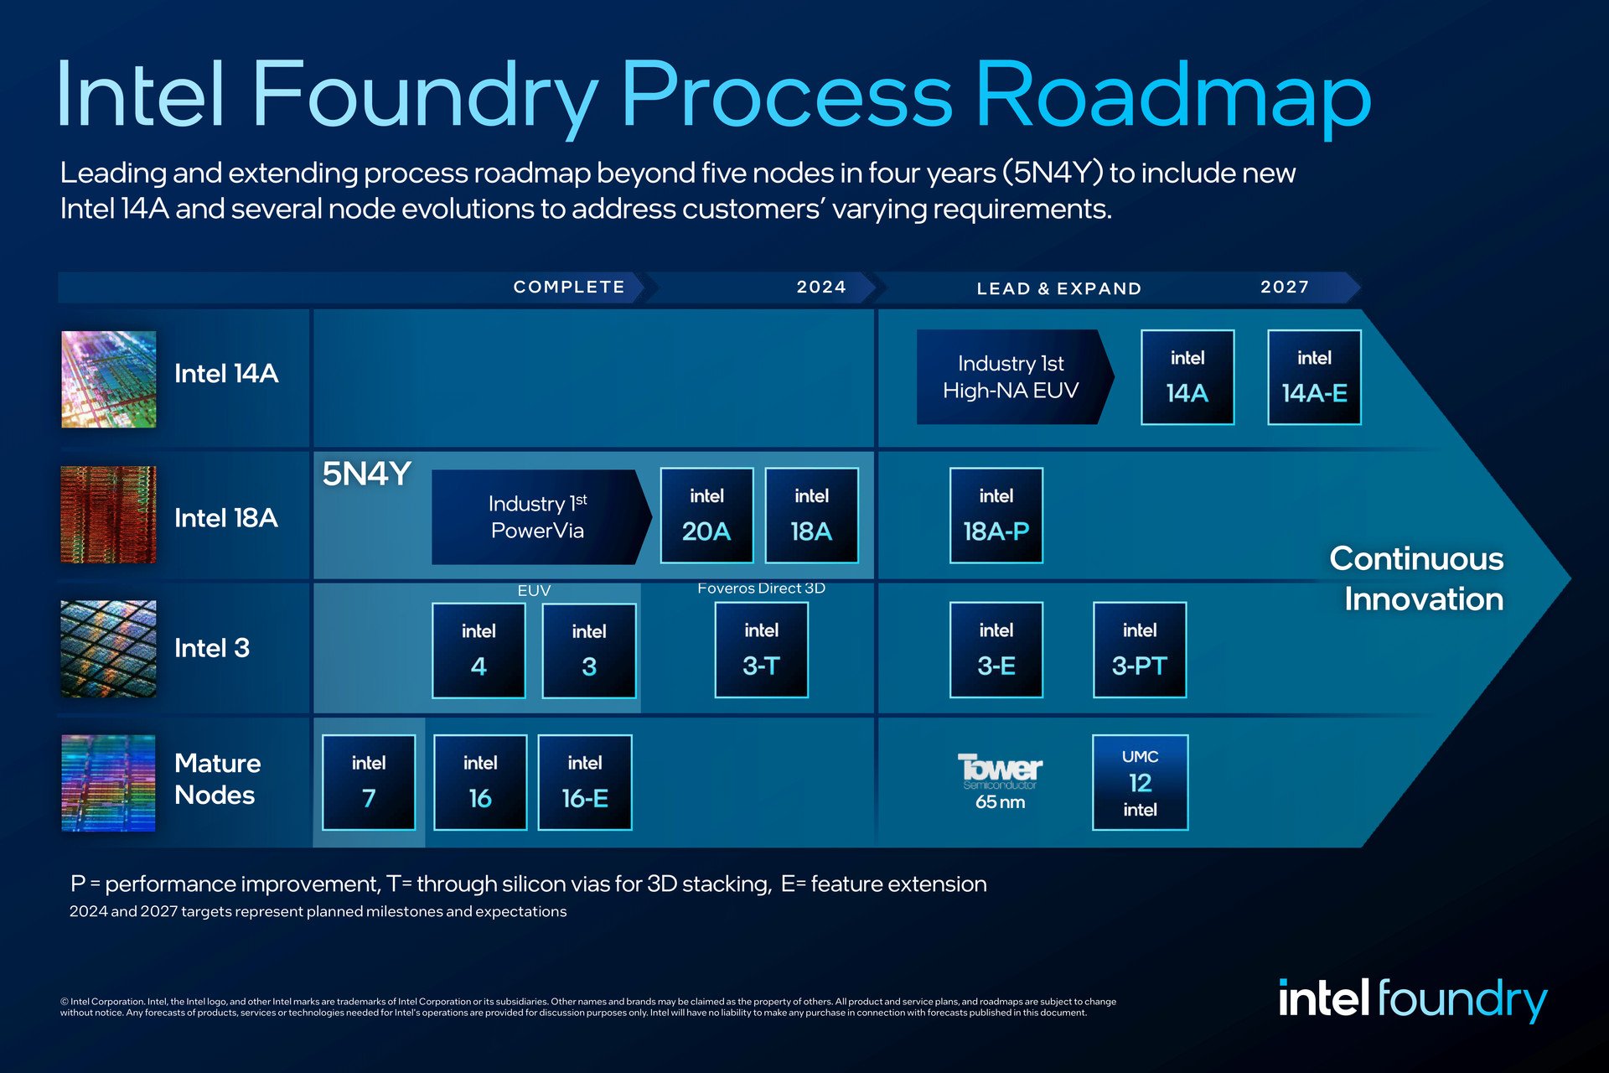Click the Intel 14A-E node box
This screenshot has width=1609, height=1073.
[1314, 377]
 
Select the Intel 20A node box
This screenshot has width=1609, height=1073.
[706, 515]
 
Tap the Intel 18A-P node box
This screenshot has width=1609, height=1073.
[996, 515]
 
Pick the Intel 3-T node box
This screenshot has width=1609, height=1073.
[761, 650]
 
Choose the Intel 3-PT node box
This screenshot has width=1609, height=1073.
[1140, 650]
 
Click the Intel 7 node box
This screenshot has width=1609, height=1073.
[369, 782]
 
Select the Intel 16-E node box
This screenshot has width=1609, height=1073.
[584, 782]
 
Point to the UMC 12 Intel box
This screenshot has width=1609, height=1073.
[1140, 782]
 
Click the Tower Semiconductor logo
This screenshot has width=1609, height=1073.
[1000, 770]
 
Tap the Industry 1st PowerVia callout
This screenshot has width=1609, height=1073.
[538, 516]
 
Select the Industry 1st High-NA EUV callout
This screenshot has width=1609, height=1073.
[1011, 376]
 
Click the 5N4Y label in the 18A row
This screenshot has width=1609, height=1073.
[366, 474]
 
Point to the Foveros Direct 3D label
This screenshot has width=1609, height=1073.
[761, 588]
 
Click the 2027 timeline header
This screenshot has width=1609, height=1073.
[1285, 287]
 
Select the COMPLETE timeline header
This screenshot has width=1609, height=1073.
[569, 287]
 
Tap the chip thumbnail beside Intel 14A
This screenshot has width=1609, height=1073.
[108, 379]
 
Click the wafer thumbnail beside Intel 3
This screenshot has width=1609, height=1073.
[108, 649]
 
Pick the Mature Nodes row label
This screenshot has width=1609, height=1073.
[217, 779]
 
